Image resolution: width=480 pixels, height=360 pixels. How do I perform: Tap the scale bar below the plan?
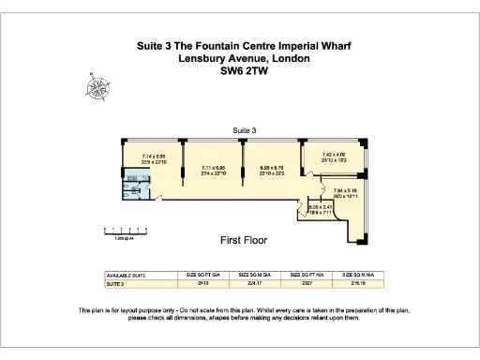pos(122,230)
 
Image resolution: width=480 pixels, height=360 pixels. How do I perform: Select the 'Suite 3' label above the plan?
pos(245,128)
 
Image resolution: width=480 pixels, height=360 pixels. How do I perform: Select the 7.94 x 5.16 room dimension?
pos(346,193)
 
